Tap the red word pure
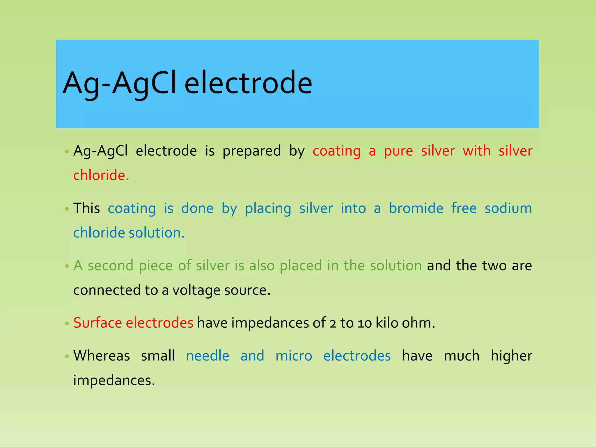(398, 151)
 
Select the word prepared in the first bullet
(251, 151)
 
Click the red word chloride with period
(101, 175)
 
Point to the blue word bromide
(416, 208)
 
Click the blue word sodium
(508, 208)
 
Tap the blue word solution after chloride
(157, 233)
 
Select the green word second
(111, 266)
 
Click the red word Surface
(97, 323)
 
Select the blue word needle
(207, 356)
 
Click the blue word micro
(294, 356)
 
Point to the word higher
(511, 356)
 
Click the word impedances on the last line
(114, 380)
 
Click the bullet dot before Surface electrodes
(67, 324)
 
